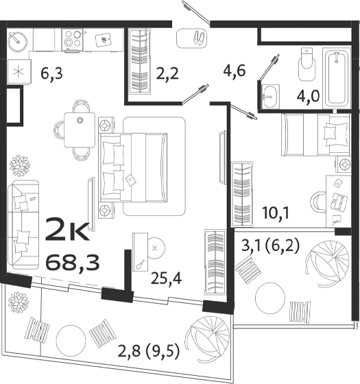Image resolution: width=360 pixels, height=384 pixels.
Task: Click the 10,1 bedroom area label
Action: [x=275, y=212]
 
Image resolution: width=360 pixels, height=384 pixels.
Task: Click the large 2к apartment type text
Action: [x=67, y=232]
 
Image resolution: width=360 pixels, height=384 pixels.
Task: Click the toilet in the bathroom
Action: [x=307, y=64]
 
